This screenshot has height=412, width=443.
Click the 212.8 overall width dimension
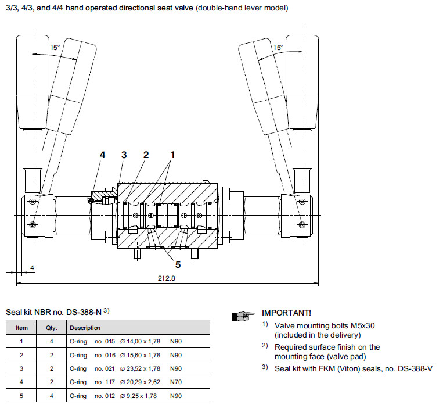click(x=166, y=278)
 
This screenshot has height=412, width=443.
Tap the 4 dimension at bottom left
click(x=33, y=268)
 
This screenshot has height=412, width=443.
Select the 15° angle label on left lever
click(x=55, y=48)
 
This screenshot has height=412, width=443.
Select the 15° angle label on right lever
click(x=278, y=48)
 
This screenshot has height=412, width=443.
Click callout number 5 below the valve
click(x=178, y=265)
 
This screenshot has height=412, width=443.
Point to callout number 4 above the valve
click(x=102, y=155)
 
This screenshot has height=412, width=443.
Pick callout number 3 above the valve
click(x=124, y=155)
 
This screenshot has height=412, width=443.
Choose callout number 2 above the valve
click(x=146, y=155)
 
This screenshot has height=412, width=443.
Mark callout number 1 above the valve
click(x=172, y=155)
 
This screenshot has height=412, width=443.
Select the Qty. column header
click(x=51, y=328)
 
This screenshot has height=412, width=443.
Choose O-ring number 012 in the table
click(x=103, y=396)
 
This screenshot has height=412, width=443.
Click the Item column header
click(x=21, y=328)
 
